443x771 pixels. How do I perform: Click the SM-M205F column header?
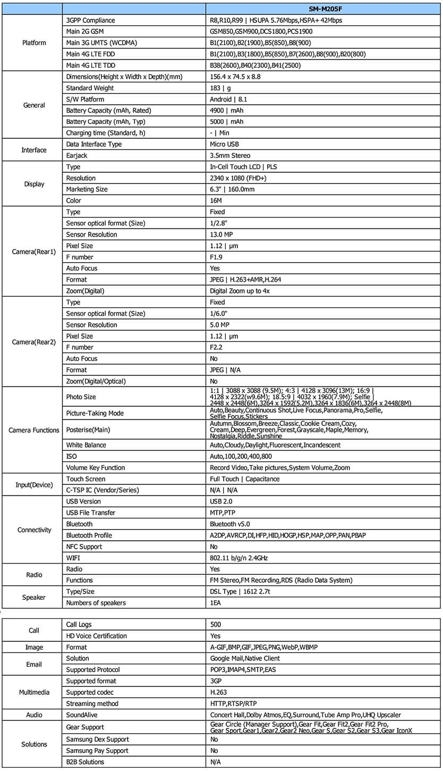pos(323,9)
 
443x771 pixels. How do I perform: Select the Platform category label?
pos(32,43)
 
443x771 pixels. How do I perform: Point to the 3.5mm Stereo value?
pos(230,156)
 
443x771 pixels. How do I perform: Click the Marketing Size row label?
pos(89,189)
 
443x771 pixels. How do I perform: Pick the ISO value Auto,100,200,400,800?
pos(241,456)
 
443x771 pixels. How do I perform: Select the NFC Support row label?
pos(84,547)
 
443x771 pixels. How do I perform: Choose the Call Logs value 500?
pos(216,624)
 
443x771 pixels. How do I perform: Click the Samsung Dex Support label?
pos(97,739)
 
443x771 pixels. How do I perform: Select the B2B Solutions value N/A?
pos(216,762)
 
